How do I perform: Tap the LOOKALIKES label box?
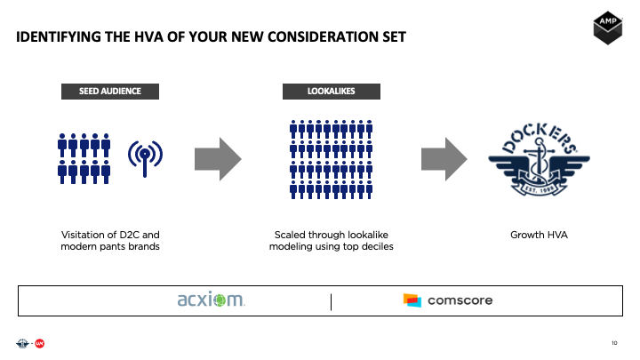(332, 91)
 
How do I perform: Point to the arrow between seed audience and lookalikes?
(218, 157)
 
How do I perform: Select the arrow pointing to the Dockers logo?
(444, 157)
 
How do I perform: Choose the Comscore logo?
(448, 300)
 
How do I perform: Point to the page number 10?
(614, 343)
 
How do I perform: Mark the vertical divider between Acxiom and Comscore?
(331, 301)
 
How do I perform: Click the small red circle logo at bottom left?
(40, 343)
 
